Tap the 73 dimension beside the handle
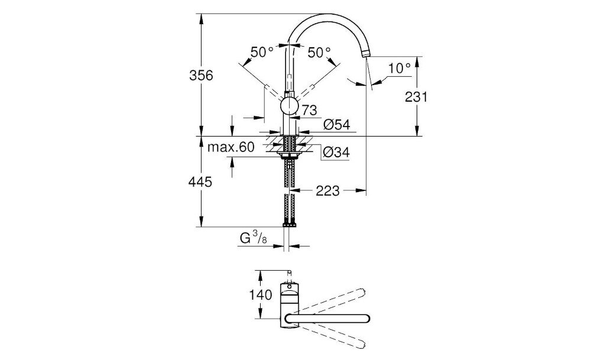coord(309,109)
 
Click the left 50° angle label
coord(262,52)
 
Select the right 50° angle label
coord(319,52)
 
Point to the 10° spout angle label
coord(400,68)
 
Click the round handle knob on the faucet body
coord(289,106)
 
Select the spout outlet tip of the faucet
coord(366,54)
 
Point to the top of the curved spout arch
coord(328,17)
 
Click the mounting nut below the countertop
coord(290,155)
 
